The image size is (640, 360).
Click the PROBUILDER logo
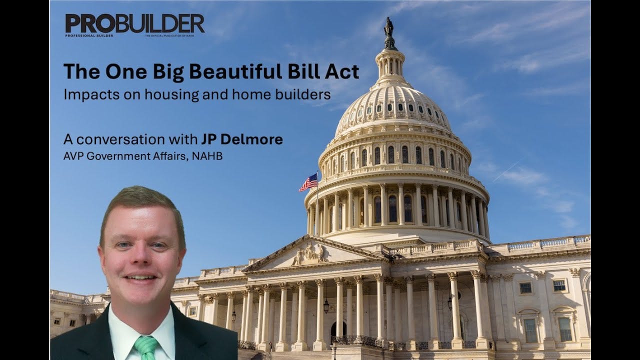tap(134, 24)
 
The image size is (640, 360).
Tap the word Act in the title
tap(345, 72)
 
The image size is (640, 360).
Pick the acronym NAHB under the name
tap(209, 156)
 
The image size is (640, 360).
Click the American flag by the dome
tap(308, 182)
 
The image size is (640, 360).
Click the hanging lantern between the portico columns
tap(326, 306)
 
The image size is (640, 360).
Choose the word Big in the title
tap(177, 72)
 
